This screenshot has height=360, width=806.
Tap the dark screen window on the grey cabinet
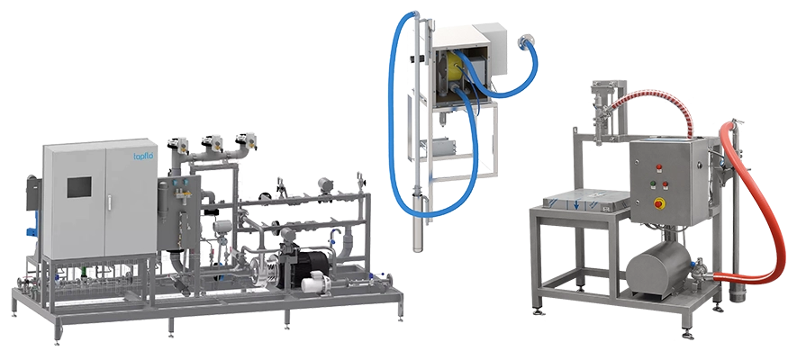pyautogui.click(x=79, y=187)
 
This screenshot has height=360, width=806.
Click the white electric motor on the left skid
pyautogui.click(x=315, y=282)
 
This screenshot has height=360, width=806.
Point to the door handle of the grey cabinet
pyautogui.click(x=108, y=202)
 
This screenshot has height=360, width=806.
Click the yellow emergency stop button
pyautogui.click(x=658, y=204)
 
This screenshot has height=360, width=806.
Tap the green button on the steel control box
pyautogui.click(x=653, y=183)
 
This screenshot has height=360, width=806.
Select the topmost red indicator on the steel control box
pyautogui.click(x=658, y=166)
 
